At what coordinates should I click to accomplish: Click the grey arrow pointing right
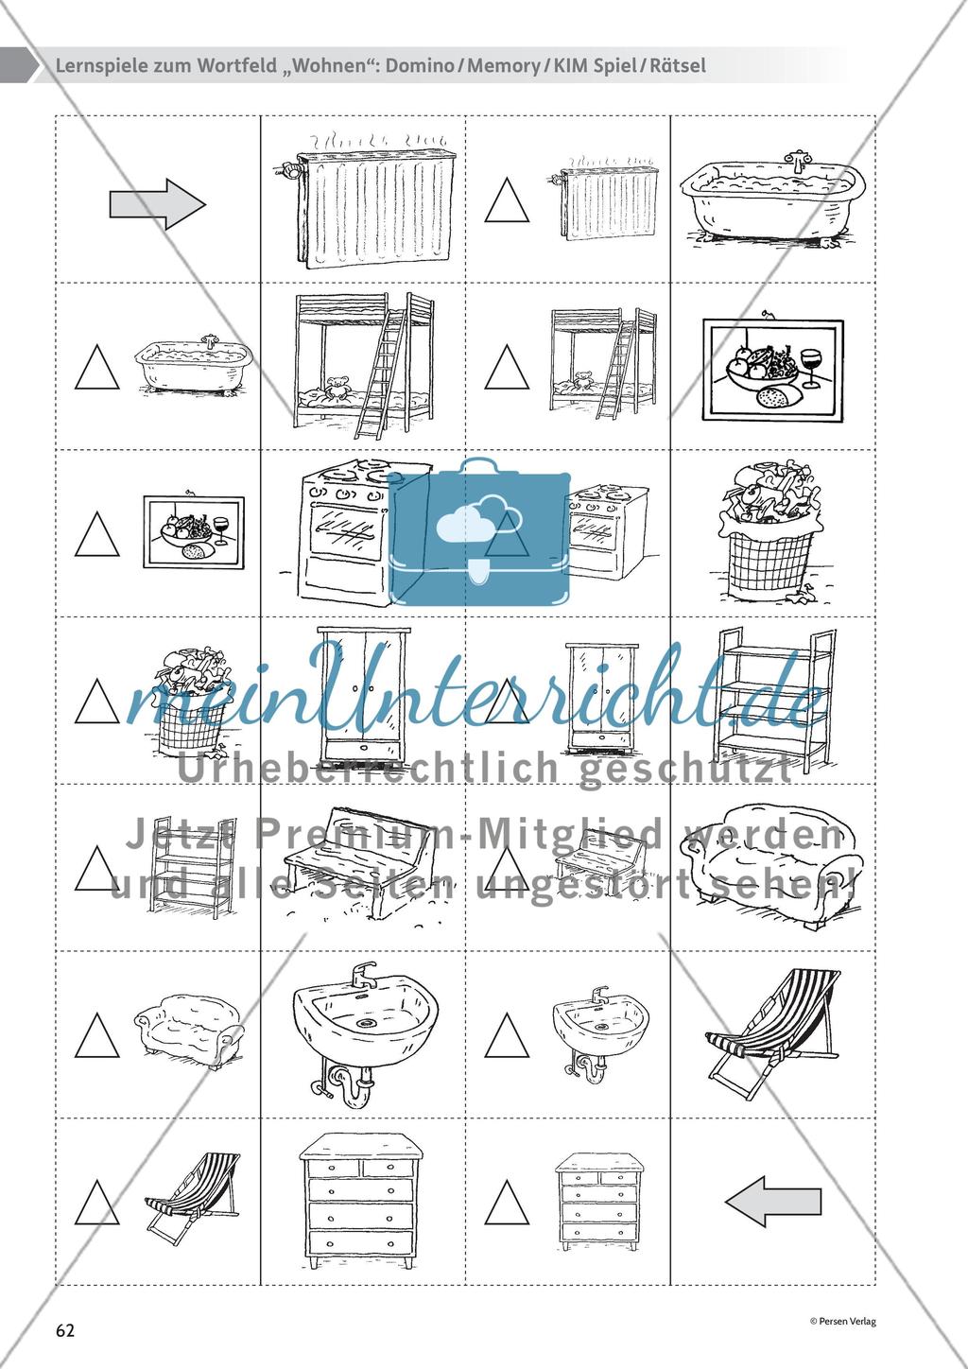pyautogui.click(x=158, y=204)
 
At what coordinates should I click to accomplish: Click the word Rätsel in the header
pyautogui.click(x=677, y=65)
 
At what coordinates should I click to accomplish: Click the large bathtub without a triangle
pyautogui.click(x=773, y=199)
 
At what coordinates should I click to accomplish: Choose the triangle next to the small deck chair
pyautogui.click(x=97, y=1203)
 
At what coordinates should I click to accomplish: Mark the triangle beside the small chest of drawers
pyautogui.click(x=508, y=1203)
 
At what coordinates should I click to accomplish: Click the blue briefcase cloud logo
pyautogui.click(x=479, y=532)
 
